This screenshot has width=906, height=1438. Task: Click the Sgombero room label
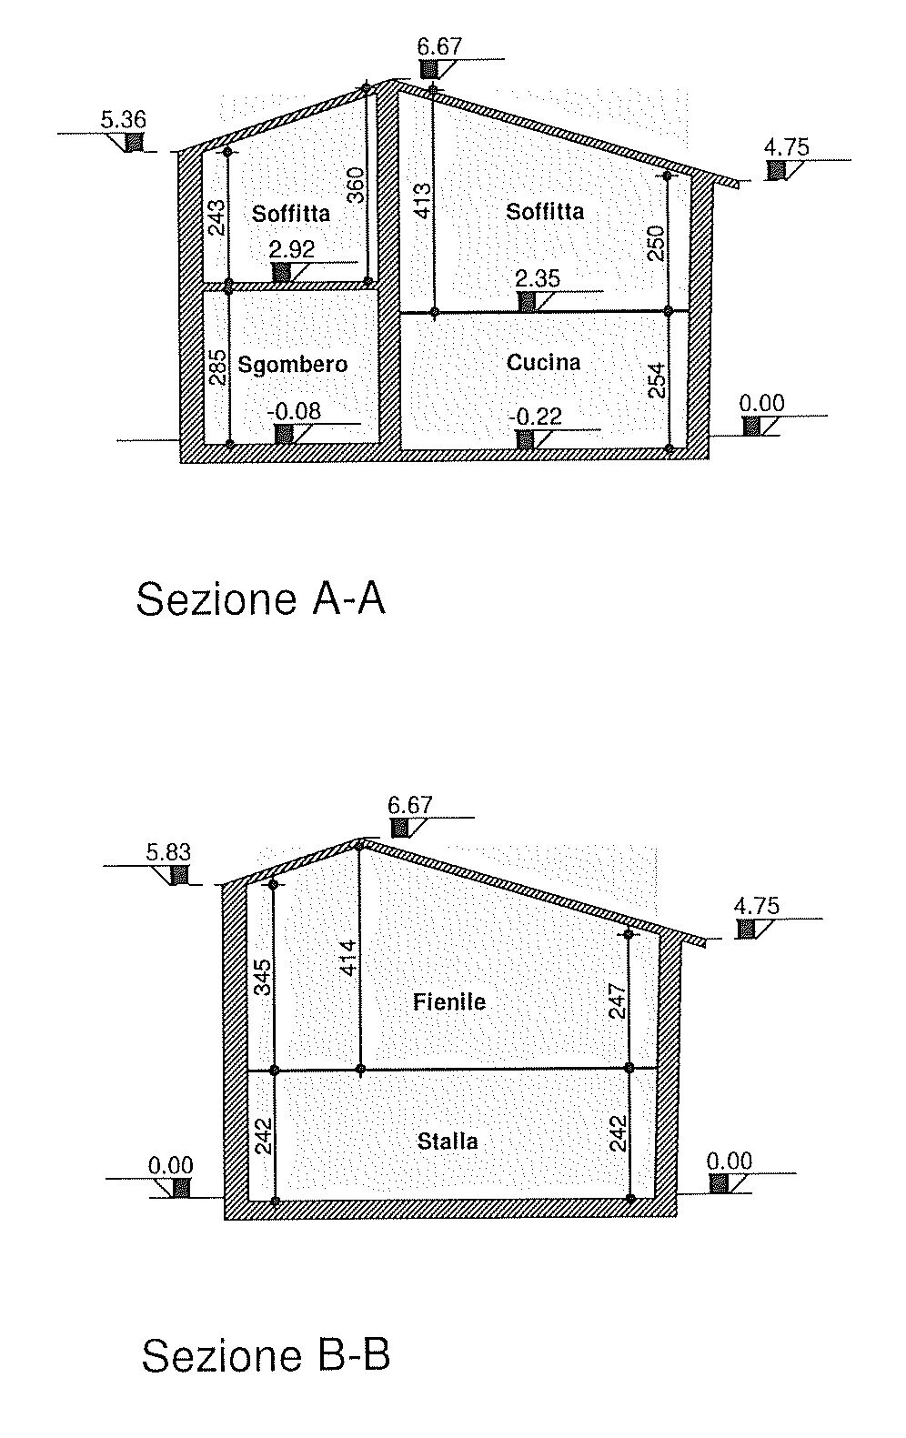(x=292, y=366)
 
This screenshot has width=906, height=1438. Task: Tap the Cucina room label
(x=543, y=363)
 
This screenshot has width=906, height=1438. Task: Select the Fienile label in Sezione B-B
(x=448, y=1001)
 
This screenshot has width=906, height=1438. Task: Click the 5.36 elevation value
(x=124, y=119)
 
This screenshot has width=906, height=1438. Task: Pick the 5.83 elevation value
(x=168, y=852)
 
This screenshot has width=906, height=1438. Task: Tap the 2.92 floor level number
(x=292, y=249)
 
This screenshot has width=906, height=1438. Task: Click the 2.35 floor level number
(x=538, y=278)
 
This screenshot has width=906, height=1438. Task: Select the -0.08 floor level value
(x=294, y=411)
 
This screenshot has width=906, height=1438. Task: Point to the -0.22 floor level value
(x=535, y=417)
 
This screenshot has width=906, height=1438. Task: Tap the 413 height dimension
(x=422, y=201)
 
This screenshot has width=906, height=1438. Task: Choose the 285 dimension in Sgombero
(x=218, y=367)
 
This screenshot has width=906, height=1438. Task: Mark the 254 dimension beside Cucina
(x=656, y=381)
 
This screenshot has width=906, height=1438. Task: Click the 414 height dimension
(x=348, y=958)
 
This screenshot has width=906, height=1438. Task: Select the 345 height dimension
(x=263, y=977)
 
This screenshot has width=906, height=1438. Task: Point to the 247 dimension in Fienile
(x=617, y=1001)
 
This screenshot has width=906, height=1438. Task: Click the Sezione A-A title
(x=261, y=599)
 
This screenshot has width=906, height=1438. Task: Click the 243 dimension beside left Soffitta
(x=217, y=217)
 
